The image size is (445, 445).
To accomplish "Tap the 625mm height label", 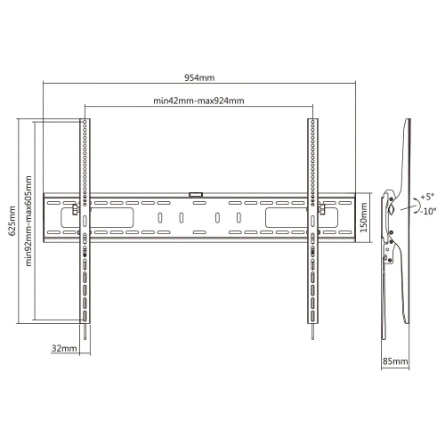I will (12, 219).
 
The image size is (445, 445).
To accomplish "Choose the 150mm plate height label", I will (363, 214).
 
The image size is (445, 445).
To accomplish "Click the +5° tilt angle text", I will (428, 197).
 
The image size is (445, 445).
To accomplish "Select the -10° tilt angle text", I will (428, 211).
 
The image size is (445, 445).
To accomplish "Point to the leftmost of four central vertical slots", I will (159, 217).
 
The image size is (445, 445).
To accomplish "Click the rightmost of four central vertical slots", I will (239, 217).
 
